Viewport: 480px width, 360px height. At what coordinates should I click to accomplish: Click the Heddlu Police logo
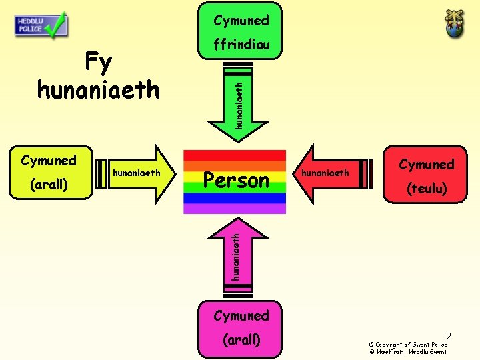(40, 25)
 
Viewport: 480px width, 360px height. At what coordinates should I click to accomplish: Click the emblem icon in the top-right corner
(456, 24)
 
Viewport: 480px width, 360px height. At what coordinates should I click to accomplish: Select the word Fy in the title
(98, 63)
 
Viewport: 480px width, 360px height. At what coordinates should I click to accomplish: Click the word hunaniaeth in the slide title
(98, 89)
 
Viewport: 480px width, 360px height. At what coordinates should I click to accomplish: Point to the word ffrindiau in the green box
(241, 45)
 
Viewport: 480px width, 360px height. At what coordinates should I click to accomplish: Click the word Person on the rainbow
(236, 181)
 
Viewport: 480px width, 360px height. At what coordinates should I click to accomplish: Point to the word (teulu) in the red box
(427, 189)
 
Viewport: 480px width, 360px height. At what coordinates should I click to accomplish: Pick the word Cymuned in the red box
(427, 165)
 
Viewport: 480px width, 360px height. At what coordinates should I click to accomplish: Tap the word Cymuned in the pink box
(241, 315)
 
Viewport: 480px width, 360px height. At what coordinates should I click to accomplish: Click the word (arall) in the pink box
(241, 339)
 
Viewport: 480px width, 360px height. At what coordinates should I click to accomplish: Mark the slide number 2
(449, 335)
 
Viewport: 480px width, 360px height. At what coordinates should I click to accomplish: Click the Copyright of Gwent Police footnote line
(408, 344)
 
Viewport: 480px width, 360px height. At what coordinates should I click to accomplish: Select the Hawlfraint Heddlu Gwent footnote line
(408, 351)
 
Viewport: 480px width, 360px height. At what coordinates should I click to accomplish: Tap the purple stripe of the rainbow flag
(234, 208)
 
